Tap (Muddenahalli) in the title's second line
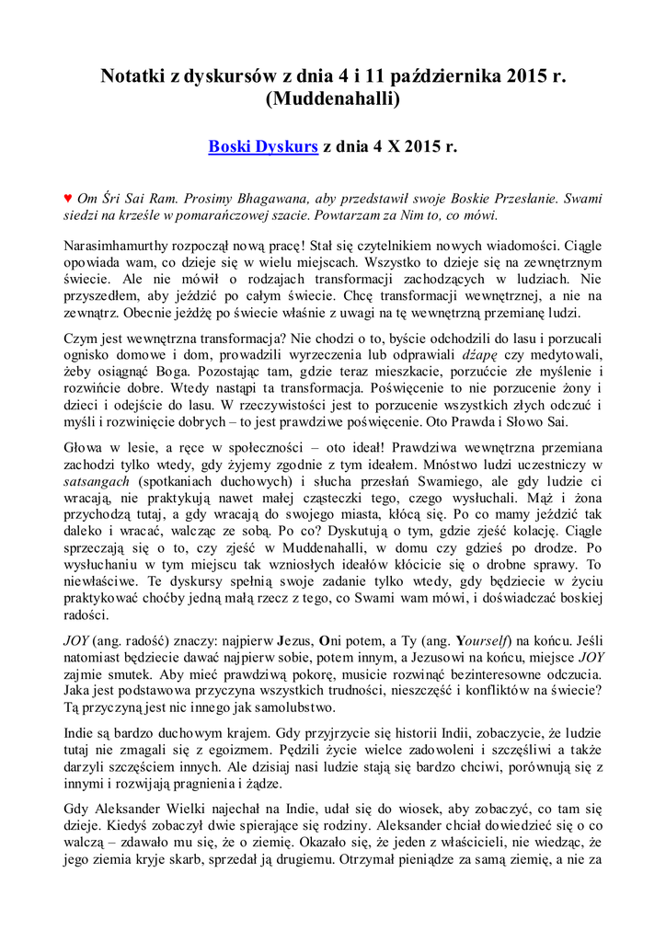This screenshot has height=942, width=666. (332, 100)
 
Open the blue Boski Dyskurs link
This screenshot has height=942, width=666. (263, 146)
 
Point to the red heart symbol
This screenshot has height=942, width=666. (68, 198)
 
